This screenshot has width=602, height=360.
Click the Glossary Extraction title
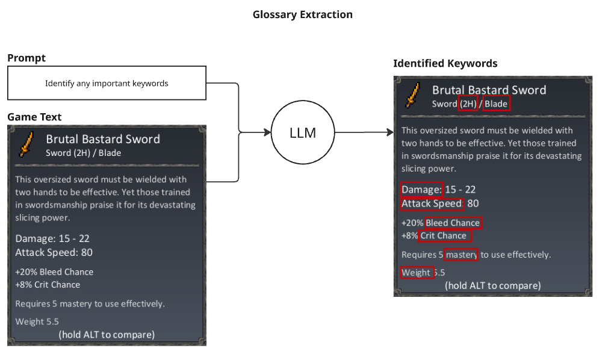coord(303,14)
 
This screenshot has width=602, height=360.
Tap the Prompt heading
coord(26,58)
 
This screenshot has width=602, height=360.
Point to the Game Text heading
coord(34,117)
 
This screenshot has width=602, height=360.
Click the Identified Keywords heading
coord(445,63)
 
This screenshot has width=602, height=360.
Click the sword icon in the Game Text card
coord(26,144)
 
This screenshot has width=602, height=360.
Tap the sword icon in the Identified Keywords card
coord(413,95)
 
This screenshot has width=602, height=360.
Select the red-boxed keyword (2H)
coord(468,104)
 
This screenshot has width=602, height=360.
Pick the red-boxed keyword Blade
coord(497,104)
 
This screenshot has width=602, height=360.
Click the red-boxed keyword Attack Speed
coord(432,204)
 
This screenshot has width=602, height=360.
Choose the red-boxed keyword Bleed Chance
coord(453,223)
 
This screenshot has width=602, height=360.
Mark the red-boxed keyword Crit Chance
coord(444,235)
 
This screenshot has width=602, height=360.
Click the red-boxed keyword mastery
coord(461,255)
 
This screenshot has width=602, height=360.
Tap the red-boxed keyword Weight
coord(417,273)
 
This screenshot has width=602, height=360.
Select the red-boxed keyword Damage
coord(421,190)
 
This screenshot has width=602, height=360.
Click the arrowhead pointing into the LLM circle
coord(268,132)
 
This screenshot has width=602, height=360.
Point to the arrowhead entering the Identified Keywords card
coord(390,132)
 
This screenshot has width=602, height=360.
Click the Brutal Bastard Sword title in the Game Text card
coord(103,139)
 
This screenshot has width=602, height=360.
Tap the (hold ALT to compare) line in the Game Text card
coord(107,335)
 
